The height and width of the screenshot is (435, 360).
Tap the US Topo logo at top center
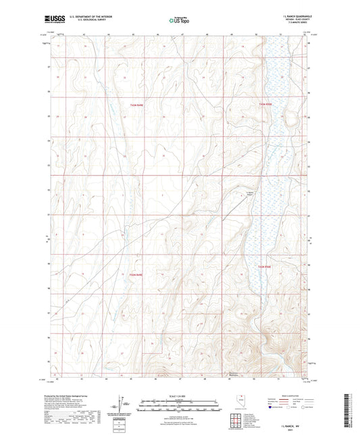pos(180,20)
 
